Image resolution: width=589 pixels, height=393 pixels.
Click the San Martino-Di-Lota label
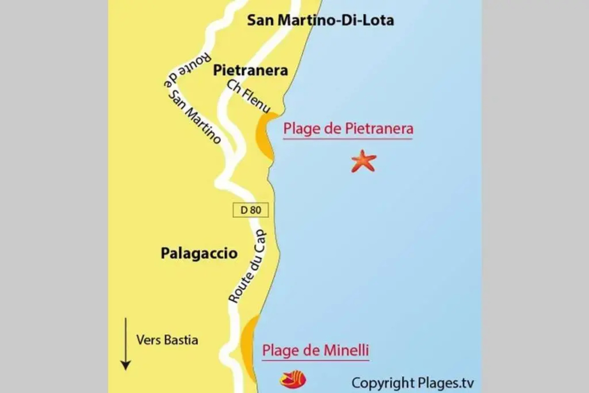[320, 20]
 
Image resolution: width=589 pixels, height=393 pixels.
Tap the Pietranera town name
[250, 70]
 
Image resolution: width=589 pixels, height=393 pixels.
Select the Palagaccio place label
[199, 253]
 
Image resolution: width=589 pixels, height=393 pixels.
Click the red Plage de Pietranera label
[348, 129]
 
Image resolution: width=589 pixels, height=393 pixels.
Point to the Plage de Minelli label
[315, 350]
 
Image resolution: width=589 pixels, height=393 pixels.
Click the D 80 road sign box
[251, 210]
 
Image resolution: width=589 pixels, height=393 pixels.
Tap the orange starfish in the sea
[363, 162]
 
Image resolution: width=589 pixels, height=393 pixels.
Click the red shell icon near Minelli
[293, 380]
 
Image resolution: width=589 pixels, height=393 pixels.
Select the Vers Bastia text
[167, 340]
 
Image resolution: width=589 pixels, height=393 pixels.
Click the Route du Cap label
[247, 266]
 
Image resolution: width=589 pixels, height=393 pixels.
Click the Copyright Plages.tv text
[413, 383]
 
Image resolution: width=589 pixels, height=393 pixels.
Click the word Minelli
[346, 350]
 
